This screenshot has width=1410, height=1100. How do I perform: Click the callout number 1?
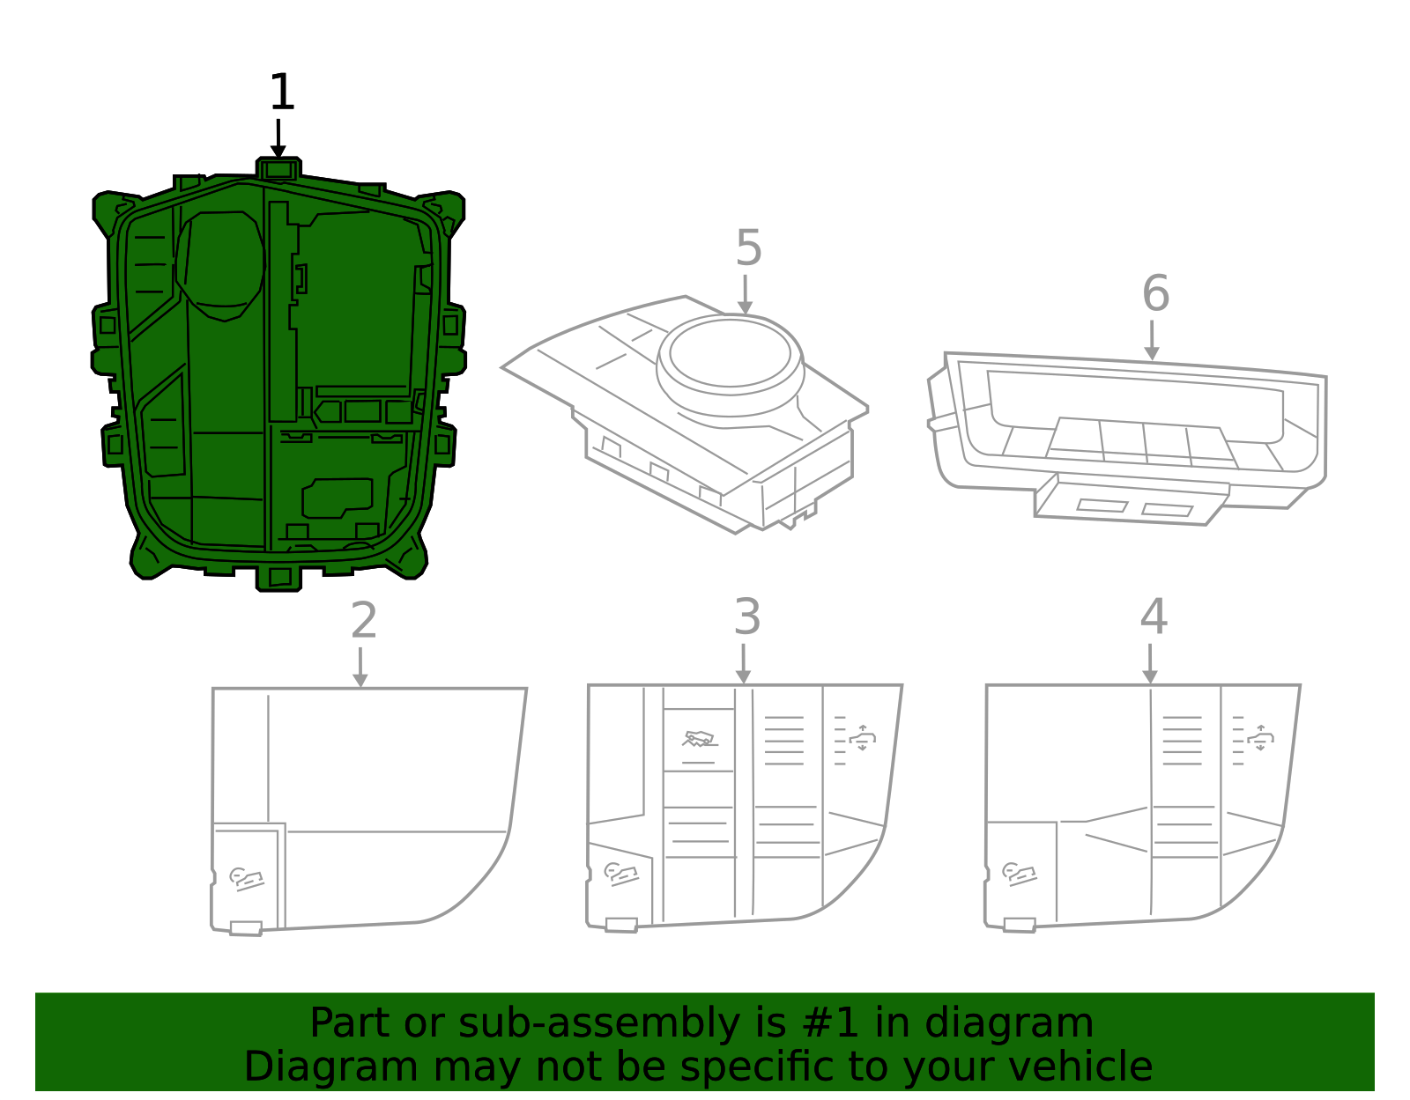[x=281, y=92]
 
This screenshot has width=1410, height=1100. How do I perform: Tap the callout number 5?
[x=747, y=248]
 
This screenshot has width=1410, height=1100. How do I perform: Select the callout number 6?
[x=1155, y=293]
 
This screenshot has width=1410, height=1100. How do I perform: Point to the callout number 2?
[x=363, y=621]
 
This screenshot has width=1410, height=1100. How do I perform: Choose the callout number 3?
[x=746, y=617]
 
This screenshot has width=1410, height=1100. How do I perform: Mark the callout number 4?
[x=1153, y=616]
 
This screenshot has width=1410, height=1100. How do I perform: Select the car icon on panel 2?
[x=247, y=878]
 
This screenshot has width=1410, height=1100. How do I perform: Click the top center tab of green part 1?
[x=278, y=168]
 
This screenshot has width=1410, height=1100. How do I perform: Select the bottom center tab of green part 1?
[x=279, y=578]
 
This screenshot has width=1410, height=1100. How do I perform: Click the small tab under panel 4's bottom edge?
[x=1020, y=925]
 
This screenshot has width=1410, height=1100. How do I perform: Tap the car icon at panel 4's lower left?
[x=1020, y=874]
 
